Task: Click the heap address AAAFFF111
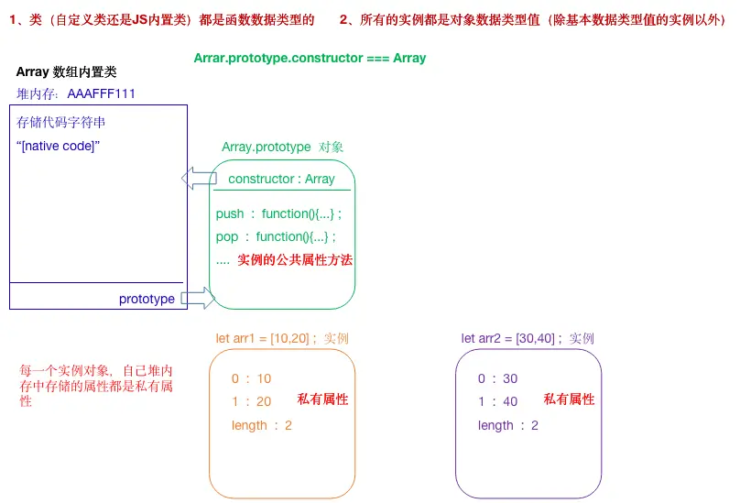coord(102,93)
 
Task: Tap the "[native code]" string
coord(59,147)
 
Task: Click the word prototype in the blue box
coord(147,299)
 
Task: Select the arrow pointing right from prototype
coord(197,297)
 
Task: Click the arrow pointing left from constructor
coord(198,178)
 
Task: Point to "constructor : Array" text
coord(281,179)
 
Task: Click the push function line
coord(278,213)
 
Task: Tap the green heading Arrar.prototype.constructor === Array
coord(310,58)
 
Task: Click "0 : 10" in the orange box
coord(251,378)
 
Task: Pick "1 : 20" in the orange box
coord(251,401)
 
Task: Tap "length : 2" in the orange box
coord(262,425)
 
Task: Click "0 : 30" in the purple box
coord(497,378)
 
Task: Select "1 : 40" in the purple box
coord(497,401)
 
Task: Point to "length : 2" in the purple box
coord(507,425)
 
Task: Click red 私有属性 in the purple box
coord(569,399)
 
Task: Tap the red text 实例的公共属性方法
coord(295,260)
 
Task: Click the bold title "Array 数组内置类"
coord(66,71)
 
